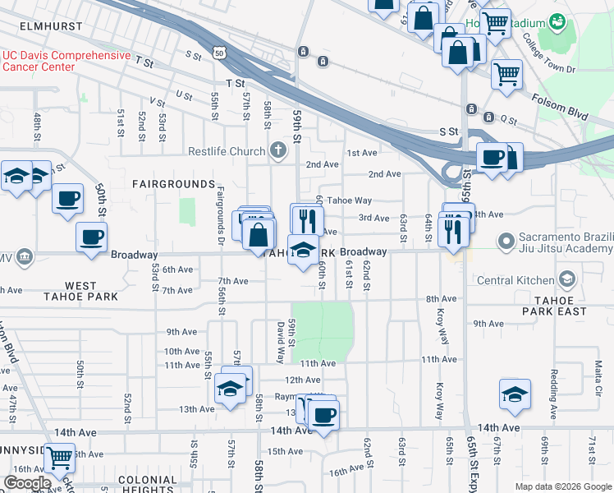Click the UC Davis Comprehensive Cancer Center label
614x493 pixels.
(x=66, y=61)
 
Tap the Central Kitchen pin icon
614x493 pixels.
(x=566, y=280)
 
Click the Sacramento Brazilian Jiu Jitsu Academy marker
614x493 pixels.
(x=506, y=242)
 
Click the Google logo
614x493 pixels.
(x=27, y=483)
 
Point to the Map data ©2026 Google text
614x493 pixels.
(x=562, y=486)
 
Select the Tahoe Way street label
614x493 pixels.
(x=350, y=200)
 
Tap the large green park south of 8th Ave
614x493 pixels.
(x=322, y=329)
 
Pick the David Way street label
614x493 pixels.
(x=281, y=342)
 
